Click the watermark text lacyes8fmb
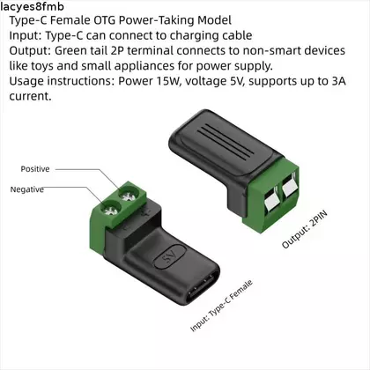(x=32, y=6)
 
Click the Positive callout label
(x=35, y=169)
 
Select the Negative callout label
(x=27, y=189)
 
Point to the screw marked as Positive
(x=129, y=195)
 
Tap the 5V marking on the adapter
(x=169, y=256)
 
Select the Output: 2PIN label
(x=304, y=230)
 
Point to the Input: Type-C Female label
(x=221, y=306)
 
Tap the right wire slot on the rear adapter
(x=289, y=188)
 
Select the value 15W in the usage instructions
(x=167, y=81)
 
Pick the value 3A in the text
(x=338, y=81)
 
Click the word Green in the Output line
(x=70, y=51)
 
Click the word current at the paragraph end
(x=30, y=96)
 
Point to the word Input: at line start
(x=26, y=35)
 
